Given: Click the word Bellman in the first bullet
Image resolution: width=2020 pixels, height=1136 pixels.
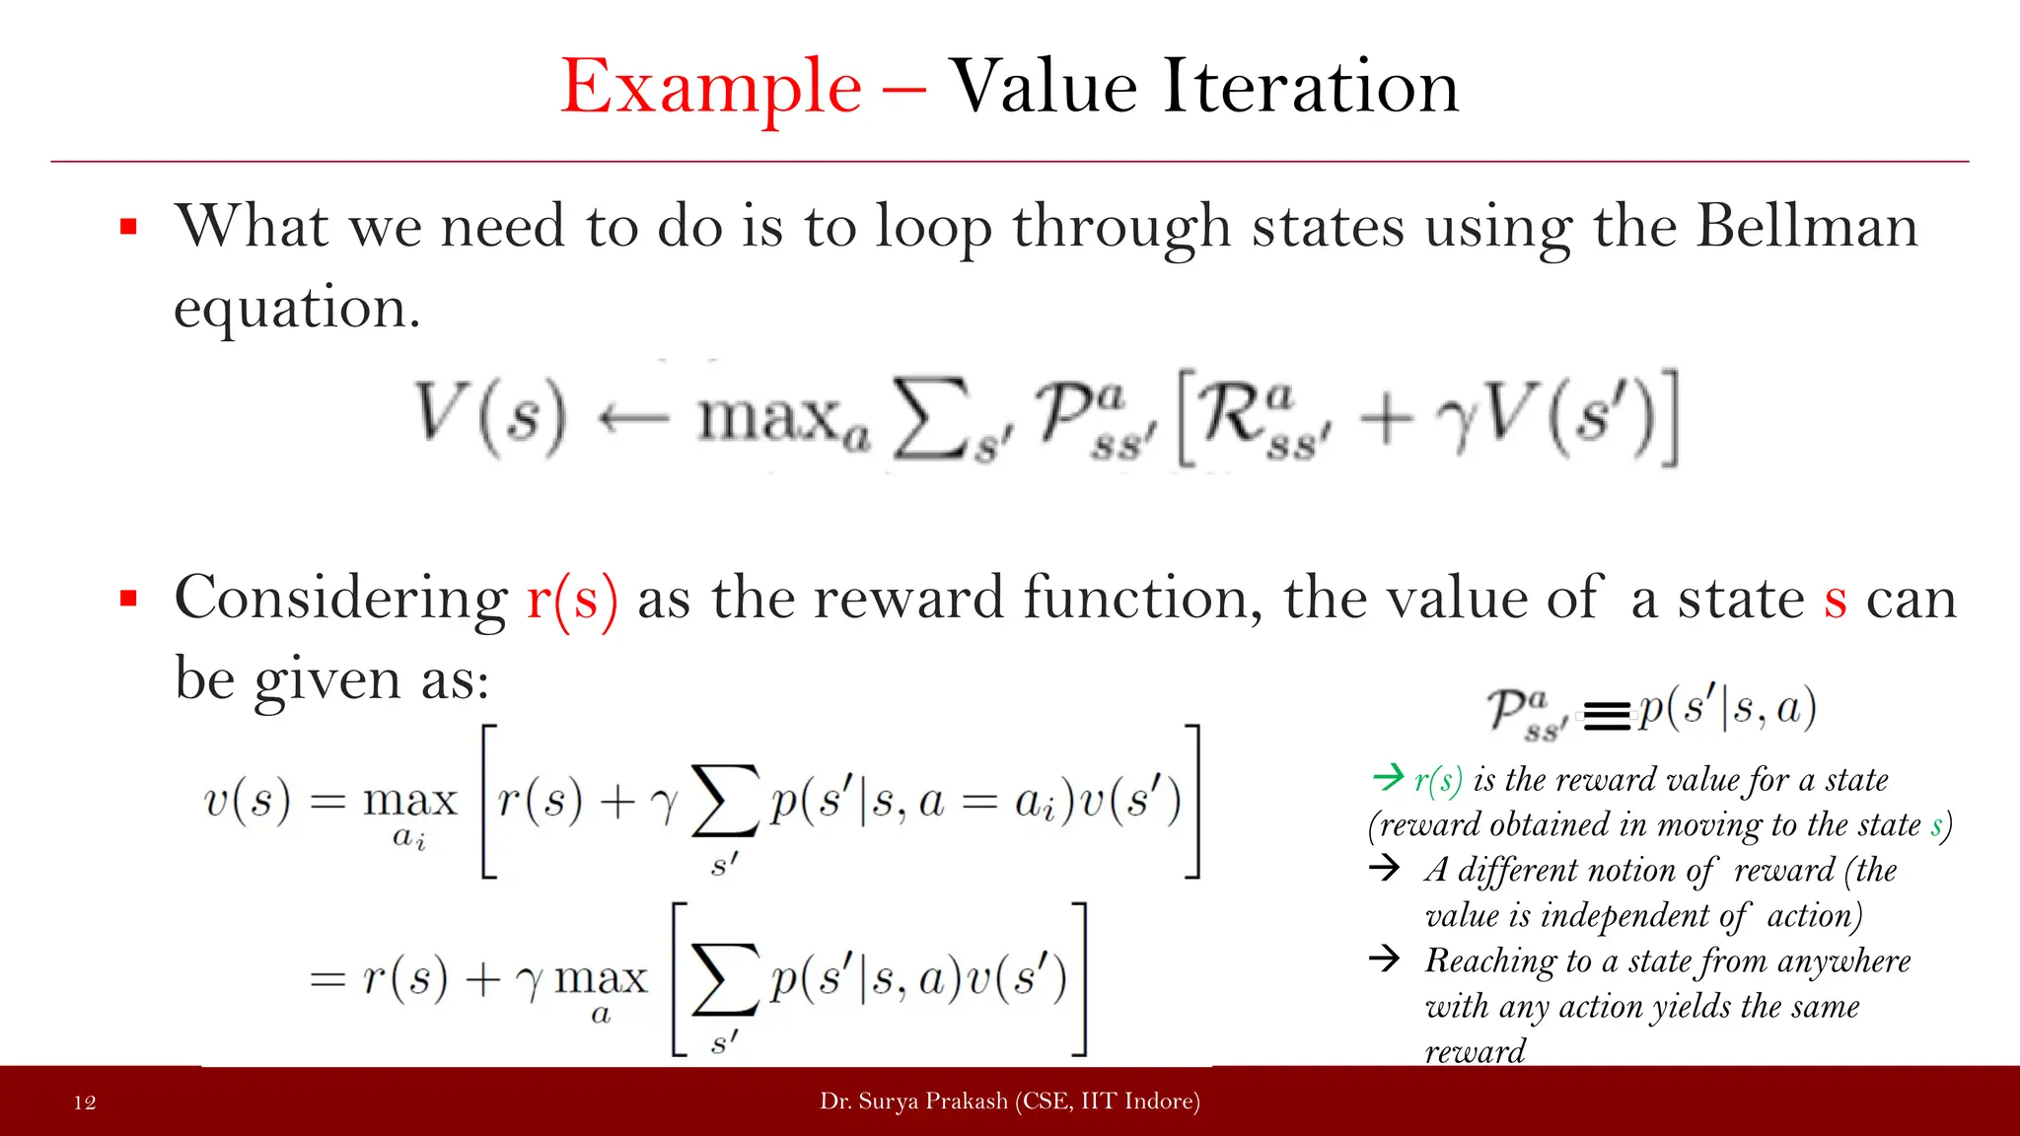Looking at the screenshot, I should pos(1807,226).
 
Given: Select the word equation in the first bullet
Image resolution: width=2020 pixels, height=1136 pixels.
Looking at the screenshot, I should pos(296,309).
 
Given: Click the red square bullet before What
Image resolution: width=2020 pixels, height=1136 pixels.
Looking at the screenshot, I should pos(128,228).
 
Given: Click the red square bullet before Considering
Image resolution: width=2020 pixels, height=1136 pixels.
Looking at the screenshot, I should pos(128,599).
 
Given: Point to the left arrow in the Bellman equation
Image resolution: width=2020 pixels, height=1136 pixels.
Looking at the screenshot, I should pos(633,418).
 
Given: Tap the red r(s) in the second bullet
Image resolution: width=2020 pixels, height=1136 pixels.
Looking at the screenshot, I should pos(572,599).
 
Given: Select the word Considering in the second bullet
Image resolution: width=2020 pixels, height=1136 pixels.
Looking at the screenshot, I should pos(340,600).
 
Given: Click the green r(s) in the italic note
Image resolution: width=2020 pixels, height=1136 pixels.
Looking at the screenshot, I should pos(1438,780).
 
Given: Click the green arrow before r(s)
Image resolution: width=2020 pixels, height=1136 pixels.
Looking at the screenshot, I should pos(1388,777).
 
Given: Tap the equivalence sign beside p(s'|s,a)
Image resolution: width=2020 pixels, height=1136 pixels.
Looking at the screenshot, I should pos(1607,715).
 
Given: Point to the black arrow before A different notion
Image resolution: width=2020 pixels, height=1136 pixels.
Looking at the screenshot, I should pos(1385,868).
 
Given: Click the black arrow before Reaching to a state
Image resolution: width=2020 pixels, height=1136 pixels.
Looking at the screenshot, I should pos(1385,958).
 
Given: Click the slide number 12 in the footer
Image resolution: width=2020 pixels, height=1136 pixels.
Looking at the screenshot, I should pos(85,1102).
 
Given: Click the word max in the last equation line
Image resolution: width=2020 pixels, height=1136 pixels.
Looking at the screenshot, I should pos(601,979).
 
